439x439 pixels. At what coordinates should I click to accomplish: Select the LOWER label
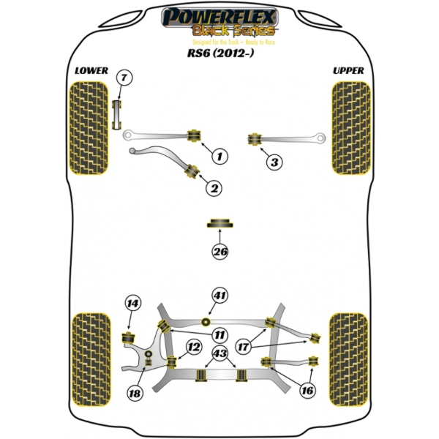[91, 71]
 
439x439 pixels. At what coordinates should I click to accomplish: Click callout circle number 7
[124, 78]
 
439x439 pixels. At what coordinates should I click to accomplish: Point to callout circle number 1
[219, 155]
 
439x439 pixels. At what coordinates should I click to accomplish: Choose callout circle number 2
[214, 189]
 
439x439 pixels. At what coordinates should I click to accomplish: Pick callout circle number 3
[273, 162]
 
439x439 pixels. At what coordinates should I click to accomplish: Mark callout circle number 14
[131, 304]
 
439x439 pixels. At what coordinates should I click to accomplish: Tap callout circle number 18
[135, 394]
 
